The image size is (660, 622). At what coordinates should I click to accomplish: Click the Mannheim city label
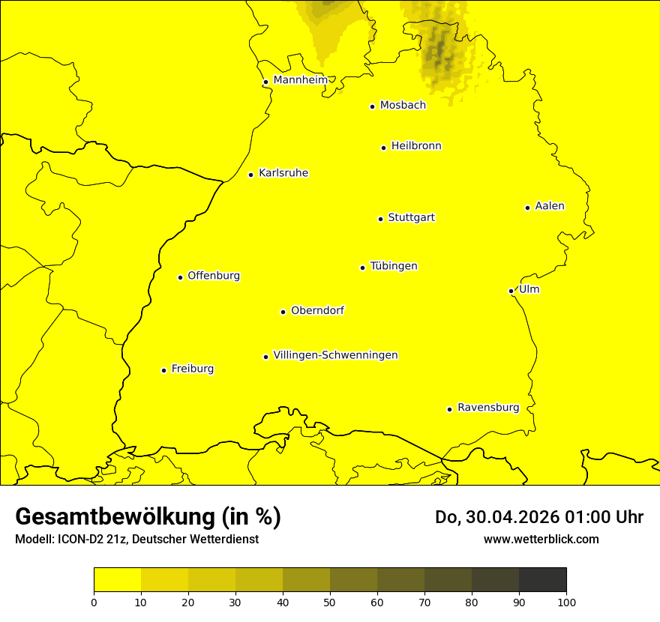coord(300,80)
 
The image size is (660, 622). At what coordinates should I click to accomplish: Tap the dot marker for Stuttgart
coord(380,219)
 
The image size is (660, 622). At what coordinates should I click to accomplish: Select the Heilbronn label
coord(416,146)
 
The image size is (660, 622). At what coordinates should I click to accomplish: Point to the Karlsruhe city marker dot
coord(251,175)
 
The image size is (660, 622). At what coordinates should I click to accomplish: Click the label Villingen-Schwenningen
coord(335,355)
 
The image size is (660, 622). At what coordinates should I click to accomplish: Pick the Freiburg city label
coord(192,369)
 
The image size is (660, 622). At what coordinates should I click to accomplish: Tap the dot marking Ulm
coord(511,291)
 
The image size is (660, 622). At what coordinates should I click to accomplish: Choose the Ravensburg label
coord(488,408)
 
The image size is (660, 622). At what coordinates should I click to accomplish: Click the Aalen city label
coord(550,206)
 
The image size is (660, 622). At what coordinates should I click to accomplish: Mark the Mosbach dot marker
coord(372,106)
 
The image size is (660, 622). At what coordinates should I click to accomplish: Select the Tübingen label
coord(394,266)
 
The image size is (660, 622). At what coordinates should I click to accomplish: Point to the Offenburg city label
coord(214,276)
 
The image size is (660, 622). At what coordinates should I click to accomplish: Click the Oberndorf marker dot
coord(283,312)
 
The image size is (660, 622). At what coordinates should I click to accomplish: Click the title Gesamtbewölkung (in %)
coord(148,517)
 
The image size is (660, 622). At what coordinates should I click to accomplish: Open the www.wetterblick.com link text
coord(541,539)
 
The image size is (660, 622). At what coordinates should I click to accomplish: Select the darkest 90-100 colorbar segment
coord(542,580)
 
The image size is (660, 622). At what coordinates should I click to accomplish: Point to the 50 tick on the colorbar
coord(330,601)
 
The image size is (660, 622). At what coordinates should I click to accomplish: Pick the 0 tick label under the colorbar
coord(94,601)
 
